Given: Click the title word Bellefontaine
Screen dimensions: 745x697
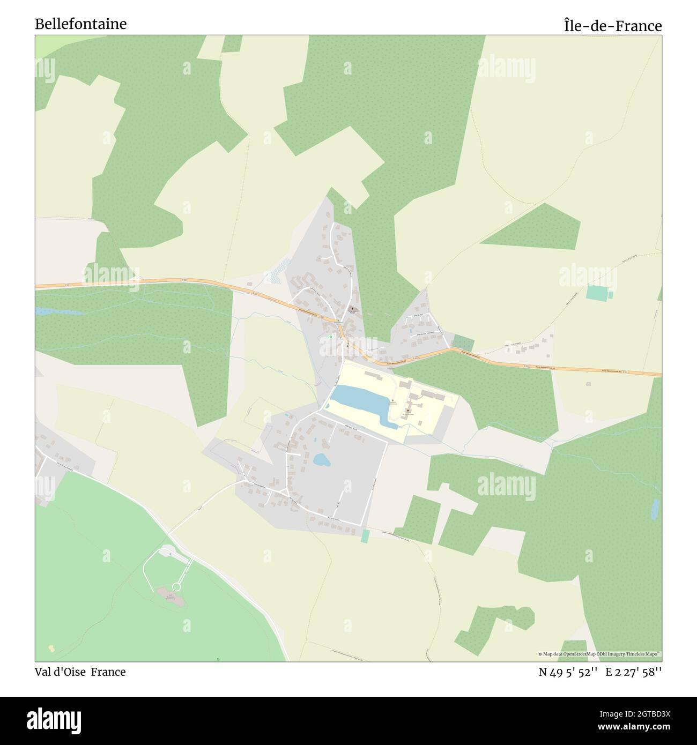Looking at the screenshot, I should (x=81, y=24).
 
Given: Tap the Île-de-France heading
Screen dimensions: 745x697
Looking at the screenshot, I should (x=612, y=26).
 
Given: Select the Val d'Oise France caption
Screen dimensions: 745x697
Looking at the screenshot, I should (x=80, y=672).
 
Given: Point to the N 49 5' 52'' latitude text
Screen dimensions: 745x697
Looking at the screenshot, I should (x=568, y=673).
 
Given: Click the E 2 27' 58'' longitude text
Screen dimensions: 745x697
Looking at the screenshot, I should (x=634, y=673).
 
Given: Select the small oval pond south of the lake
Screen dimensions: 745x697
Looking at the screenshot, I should (x=321, y=459).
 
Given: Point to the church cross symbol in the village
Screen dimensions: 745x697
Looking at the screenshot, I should (x=352, y=309).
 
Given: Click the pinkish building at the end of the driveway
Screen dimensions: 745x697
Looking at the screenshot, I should (x=170, y=597).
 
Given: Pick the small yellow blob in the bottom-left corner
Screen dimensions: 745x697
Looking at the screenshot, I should (x=51, y=649).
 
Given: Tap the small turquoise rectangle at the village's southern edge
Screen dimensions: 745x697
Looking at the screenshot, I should (x=365, y=535).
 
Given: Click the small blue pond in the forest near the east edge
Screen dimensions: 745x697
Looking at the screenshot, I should (x=654, y=509).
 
